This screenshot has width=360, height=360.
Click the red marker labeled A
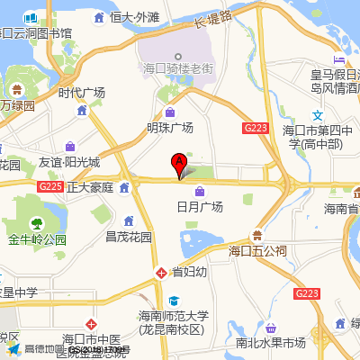coord(179,163)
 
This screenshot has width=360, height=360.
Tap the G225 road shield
coord(50,186)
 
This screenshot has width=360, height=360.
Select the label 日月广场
coord(199,206)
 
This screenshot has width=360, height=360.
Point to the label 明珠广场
coord(170,127)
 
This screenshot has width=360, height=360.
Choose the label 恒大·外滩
coord(134,17)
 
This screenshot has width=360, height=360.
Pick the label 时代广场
coord(82,93)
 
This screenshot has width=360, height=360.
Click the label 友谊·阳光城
coord(69,163)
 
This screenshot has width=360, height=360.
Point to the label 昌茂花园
coord(129,238)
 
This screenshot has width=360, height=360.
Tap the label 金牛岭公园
coord(38,240)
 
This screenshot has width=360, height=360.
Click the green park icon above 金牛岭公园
coord(37,224)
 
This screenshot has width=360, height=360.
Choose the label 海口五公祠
coord(257,250)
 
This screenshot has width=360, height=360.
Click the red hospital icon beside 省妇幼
coord(160,271)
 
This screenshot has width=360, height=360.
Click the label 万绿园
coord(16,105)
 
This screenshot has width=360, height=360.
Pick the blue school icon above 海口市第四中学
coord(317,115)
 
